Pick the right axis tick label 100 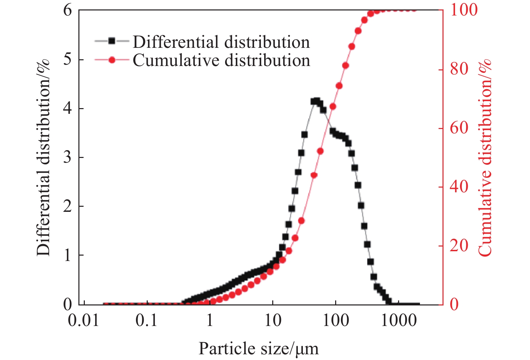pos(464,10)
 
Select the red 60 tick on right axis pos(459,128)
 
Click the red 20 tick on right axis pos(459,246)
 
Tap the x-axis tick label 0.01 pos(84,320)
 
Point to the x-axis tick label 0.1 pos(147,320)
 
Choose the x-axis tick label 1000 pos(398,320)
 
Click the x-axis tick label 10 pos(273,320)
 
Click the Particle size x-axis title pos(258,349)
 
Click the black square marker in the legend pos(112,41)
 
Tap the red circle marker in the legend pos(112,60)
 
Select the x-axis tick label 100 pos(336,320)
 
